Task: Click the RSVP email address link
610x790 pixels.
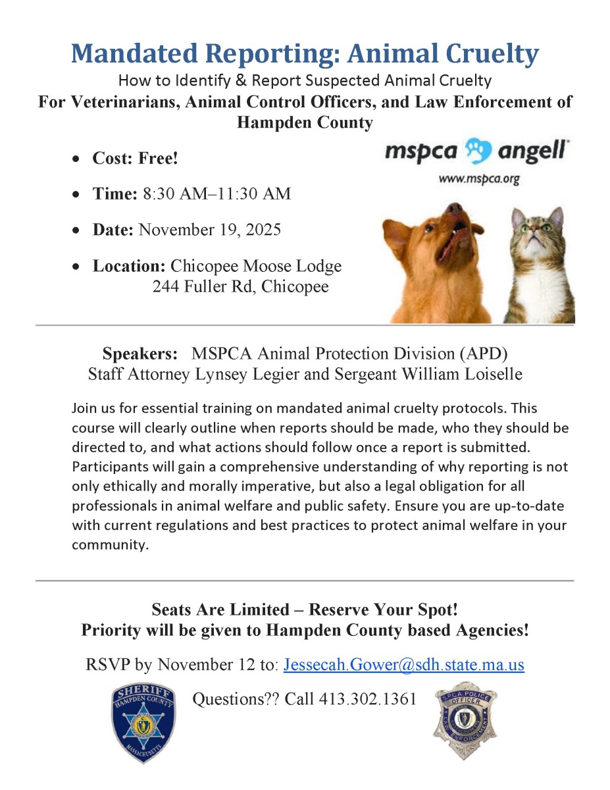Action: (x=403, y=664)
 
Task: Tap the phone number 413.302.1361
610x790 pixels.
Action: (x=367, y=699)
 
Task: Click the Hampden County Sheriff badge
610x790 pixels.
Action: (x=143, y=722)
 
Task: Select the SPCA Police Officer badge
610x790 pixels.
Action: (x=465, y=720)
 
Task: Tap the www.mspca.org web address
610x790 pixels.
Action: (x=480, y=178)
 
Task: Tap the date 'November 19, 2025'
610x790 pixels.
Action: (x=210, y=230)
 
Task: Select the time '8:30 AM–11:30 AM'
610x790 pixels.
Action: (x=216, y=194)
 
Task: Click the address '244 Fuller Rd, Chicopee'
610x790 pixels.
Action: (x=240, y=287)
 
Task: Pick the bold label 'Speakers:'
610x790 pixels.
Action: (x=140, y=353)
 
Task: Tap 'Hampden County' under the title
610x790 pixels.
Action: (x=305, y=122)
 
